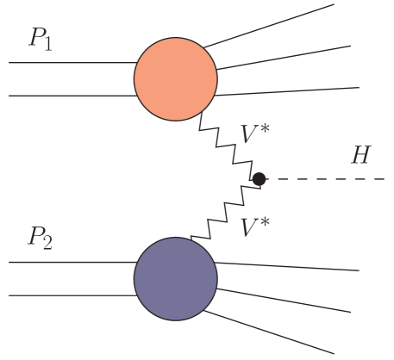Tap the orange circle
point(175,79)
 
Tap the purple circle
point(175,279)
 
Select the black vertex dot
point(259,178)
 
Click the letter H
point(360,156)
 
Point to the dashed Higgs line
point(328,179)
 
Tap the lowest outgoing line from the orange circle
point(289,90)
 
